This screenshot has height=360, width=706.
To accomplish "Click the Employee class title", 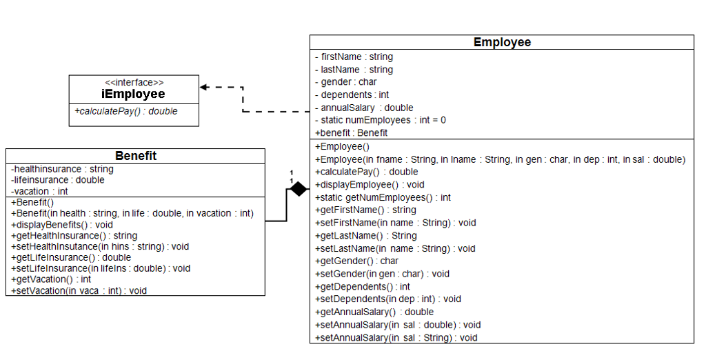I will click(x=502, y=43).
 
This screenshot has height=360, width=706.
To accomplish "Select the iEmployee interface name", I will click(x=134, y=94).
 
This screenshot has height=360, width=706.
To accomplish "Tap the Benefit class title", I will click(x=135, y=156).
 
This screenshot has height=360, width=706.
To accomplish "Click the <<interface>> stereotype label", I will click(x=134, y=82).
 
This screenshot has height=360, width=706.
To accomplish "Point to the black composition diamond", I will click(x=298, y=188).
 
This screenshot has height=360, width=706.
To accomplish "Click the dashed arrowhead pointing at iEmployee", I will click(x=204, y=88).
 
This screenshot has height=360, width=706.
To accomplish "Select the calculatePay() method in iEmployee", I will click(x=126, y=111).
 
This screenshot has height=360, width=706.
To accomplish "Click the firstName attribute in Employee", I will click(x=354, y=57).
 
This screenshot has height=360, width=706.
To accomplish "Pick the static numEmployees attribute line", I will click(x=381, y=120).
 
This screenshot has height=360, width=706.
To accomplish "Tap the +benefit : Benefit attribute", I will click(x=351, y=132).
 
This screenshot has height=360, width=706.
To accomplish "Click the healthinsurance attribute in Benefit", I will click(x=62, y=169).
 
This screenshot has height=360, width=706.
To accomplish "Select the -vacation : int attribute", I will click(x=39, y=191).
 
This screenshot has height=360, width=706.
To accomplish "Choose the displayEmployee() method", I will click(x=370, y=184).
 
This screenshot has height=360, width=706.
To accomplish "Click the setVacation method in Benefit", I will click(x=79, y=290).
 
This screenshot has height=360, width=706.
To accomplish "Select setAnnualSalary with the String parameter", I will click(x=396, y=338).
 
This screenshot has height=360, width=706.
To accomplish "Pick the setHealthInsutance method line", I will click(x=90, y=246).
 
